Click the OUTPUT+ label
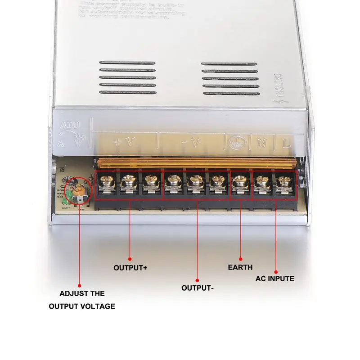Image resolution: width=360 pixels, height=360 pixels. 130,268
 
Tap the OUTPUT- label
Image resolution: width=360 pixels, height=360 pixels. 197,288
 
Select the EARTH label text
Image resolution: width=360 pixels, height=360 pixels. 240,267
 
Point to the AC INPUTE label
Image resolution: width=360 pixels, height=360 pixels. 275,279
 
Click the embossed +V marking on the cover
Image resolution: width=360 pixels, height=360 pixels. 124,143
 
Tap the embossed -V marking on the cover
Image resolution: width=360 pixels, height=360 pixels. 191,143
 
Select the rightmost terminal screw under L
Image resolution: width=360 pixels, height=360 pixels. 284,182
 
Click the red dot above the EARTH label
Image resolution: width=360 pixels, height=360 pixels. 240,259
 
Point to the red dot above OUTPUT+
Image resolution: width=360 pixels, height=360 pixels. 130,259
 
